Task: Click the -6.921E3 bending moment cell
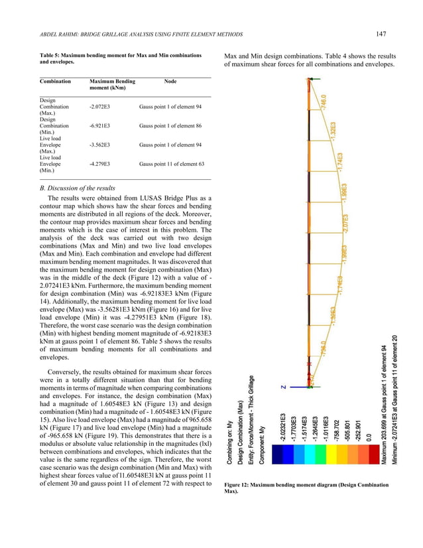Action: (x=101, y=124)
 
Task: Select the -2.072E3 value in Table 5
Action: (x=101, y=106)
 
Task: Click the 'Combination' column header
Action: (x=56, y=82)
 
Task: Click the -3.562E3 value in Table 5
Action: (x=101, y=143)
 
